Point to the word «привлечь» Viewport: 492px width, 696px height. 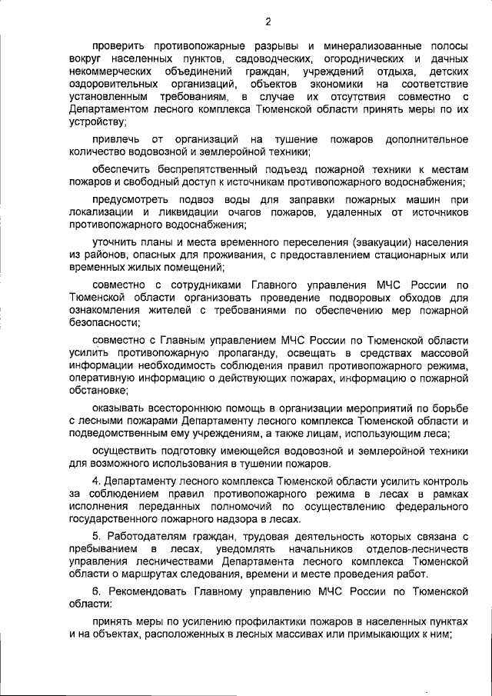click(x=114, y=138)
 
